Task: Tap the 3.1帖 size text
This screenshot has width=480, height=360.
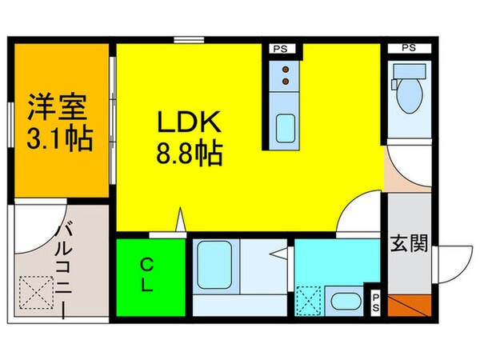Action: coord(58,139)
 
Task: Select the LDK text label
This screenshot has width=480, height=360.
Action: coord(189,122)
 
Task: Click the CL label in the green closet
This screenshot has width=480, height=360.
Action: coord(149,275)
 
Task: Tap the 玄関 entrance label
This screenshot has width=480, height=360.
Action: coord(410,242)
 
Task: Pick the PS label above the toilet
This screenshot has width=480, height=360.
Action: coord(409,49)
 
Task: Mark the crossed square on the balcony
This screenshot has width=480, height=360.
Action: coord(36,291)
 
